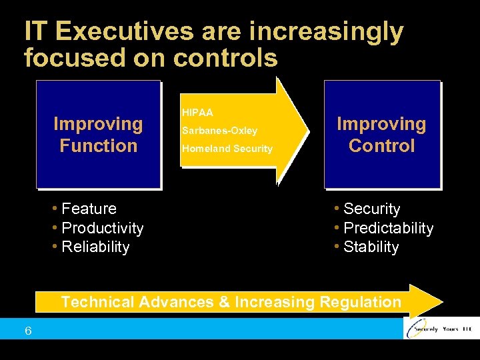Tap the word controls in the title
pos(225,58)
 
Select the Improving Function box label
pos(98,135)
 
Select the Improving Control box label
pos(381,135)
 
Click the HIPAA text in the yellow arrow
pos(197,113)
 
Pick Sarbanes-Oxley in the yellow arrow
pos(219,131)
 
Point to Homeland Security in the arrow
pos(227,149)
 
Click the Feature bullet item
pos(89,209)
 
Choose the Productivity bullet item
pos(102,229)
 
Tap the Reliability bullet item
pos(95,247)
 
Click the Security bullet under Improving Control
pos(371,209)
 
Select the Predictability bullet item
pos(388,229)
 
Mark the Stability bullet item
pos(371,247)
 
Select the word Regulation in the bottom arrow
pos(361,302)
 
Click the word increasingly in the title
pos(319,31)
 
